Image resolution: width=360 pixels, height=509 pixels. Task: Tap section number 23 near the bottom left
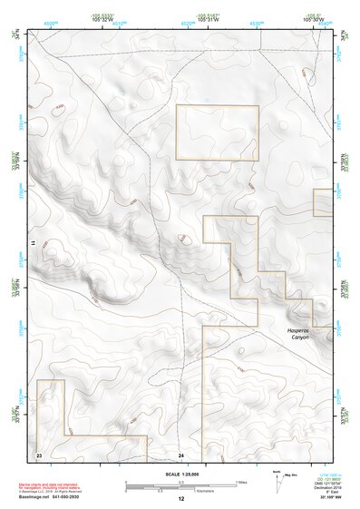point(39,453)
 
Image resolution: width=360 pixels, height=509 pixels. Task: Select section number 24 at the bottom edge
point(180,454)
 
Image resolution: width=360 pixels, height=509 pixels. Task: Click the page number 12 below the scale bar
point(180,499)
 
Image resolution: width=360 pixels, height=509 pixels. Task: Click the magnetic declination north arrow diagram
point(276,481)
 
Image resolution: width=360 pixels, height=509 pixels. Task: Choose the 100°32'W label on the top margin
point(109,19)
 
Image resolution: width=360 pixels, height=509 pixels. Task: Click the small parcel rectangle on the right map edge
point(322,202)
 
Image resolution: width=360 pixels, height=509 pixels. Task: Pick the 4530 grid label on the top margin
point(257,24)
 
